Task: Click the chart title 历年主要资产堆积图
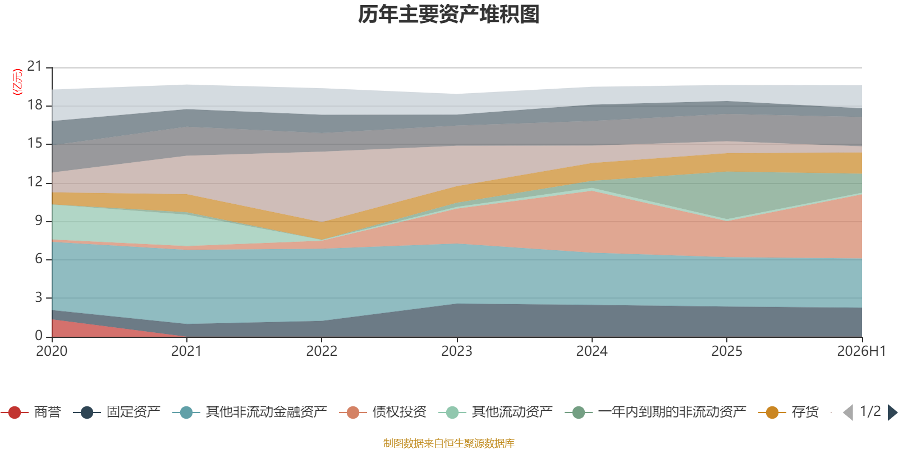point(448,15)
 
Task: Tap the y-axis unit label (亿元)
point(17,82)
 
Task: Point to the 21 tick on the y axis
point(35,66)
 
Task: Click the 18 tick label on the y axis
point(35,105)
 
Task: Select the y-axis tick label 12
point(35,182)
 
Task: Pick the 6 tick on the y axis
point(39,259)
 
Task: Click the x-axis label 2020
point(52,351)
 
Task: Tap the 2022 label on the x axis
point(322,351)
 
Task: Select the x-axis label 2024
point(592,351)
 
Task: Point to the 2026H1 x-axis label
point(861,351)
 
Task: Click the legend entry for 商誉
point(31,412)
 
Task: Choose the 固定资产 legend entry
point(117,412)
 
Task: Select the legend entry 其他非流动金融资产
point(250,412)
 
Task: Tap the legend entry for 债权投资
point(383,412)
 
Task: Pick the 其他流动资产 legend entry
point(496,412)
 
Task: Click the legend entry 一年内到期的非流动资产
point(656,412)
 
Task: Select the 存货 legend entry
point(789,412)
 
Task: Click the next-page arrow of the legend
point(892,412)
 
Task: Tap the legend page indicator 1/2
point(870,411)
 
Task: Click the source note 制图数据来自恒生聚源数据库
point(448,443)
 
